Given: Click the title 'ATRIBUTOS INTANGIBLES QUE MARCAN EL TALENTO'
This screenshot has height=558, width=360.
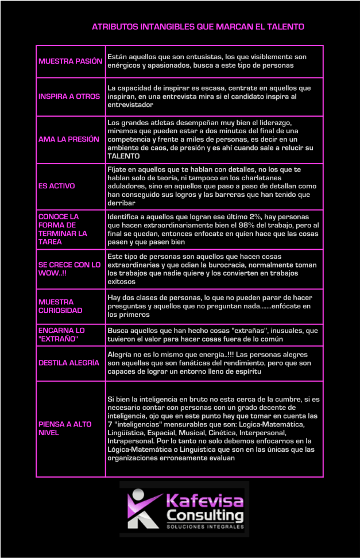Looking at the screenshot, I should coord(198,26).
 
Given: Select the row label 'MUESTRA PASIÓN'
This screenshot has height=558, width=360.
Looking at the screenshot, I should coord(70,61).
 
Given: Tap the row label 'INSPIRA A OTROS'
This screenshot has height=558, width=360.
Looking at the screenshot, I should coord(69,96).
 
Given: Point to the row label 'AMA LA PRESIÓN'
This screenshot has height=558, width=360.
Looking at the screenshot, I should coord(69,139).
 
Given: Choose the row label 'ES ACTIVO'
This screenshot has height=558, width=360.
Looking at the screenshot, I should coord(56,186).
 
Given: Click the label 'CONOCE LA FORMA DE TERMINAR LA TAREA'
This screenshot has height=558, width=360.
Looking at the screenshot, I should coord(63,229).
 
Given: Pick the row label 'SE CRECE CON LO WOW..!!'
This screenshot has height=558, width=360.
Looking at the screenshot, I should coord(69,269).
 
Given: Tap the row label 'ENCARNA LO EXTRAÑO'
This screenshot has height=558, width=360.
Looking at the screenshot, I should coord(61,335).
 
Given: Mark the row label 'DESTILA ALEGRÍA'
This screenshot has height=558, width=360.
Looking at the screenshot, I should coord(68,363).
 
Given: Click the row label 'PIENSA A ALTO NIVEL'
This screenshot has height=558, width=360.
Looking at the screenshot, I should coord(65,428).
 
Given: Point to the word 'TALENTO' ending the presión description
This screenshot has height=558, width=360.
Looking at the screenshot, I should coord(123,156).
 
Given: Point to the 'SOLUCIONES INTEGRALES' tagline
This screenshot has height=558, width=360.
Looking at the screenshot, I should coord(205,526).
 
